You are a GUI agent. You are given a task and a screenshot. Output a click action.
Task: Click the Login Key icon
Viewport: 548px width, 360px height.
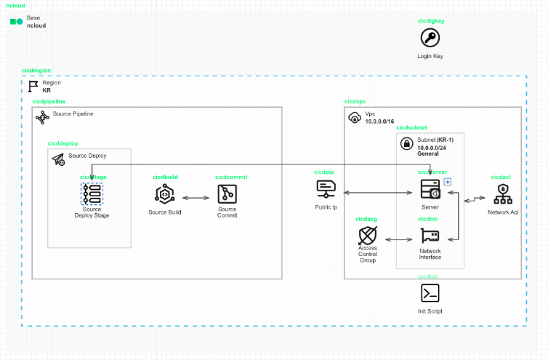point(430,39)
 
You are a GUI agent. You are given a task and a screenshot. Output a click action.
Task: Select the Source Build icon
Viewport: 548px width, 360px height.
point(164,194)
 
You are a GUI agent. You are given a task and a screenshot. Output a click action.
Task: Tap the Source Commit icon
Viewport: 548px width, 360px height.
point(227,194)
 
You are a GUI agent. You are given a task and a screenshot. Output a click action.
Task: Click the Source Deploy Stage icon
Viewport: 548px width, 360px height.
point(92,193)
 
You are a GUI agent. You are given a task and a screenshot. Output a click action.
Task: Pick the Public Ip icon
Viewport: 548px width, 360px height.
point(326,190)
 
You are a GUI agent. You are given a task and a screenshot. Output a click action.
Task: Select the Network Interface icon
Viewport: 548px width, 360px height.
point(429,236)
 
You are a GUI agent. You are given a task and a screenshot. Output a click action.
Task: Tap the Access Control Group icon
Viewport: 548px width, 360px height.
point(368,236)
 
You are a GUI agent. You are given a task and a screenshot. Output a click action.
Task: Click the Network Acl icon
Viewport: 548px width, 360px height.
point(503,194)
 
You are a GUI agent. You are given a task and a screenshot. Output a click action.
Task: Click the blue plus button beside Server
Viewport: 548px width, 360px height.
point(448,181)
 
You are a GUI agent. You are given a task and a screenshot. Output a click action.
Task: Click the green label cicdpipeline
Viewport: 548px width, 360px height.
point(49,103)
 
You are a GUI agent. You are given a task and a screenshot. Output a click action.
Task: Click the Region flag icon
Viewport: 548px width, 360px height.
point(33,86)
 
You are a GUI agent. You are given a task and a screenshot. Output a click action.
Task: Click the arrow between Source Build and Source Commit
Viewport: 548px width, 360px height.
point(196,197)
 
